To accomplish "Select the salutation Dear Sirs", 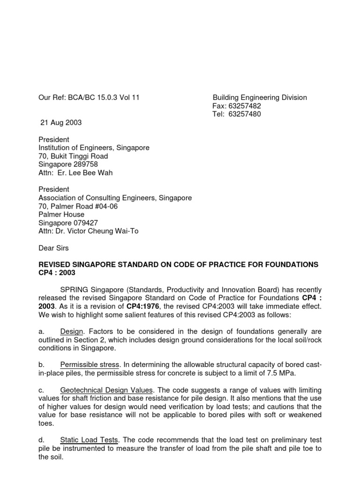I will point(53,248).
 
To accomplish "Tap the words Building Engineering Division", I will point(260,98).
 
